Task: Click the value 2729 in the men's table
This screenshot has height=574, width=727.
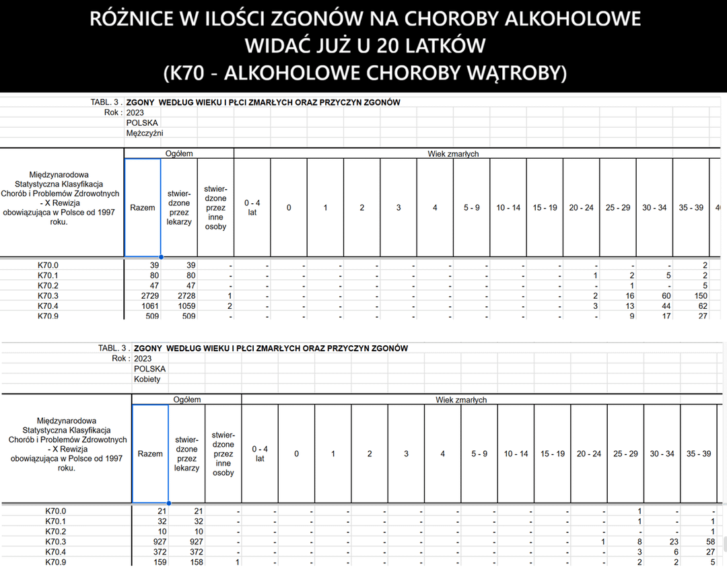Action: click(149, 296)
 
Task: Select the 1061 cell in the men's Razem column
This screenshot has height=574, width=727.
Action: click(149, 306)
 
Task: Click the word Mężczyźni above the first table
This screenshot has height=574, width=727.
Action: click(145, 133)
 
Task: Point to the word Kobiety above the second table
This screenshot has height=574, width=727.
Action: click(147, 380)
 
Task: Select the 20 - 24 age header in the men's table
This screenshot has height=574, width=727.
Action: click(581, 207)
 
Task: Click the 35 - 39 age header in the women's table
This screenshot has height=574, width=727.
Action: click(698, 454)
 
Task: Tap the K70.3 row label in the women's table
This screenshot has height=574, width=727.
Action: click(55, 542)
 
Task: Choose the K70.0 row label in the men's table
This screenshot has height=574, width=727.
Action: click(48, 265)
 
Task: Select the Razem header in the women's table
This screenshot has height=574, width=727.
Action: click(150, 454)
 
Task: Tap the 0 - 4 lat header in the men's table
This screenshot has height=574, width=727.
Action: click(252, 207)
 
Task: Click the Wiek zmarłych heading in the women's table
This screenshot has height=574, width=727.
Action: click(461, 400)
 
